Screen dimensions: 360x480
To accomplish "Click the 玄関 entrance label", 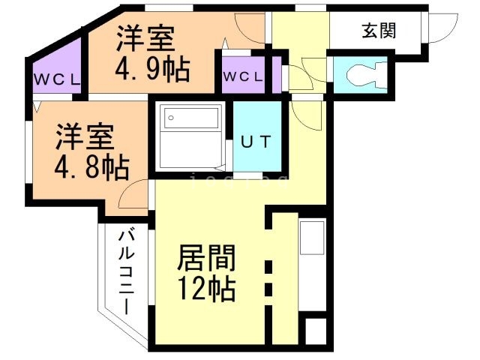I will [379, 31].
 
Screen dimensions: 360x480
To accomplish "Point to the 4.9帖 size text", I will [151, 71].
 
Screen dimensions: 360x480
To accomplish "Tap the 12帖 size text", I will [206, 288].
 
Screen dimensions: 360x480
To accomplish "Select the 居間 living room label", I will [206, 259].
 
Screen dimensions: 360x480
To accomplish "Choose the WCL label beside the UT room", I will [242, 76].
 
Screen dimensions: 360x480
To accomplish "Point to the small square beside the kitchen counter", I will [316, 331].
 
